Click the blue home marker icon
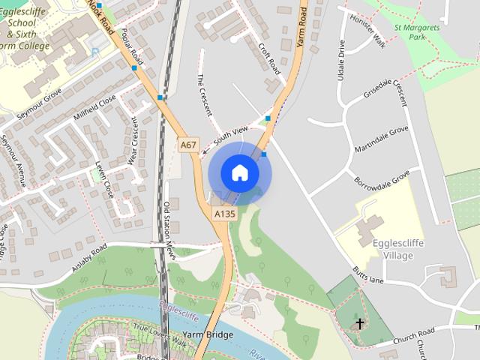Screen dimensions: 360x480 coord(239,172)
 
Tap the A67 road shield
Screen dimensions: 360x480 coord(188,144)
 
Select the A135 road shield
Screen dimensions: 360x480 coord(224,214)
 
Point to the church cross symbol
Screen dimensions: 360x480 coord(359,324)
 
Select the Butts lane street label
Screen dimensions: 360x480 coord(367,274)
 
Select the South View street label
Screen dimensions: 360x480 coord(229,135)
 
